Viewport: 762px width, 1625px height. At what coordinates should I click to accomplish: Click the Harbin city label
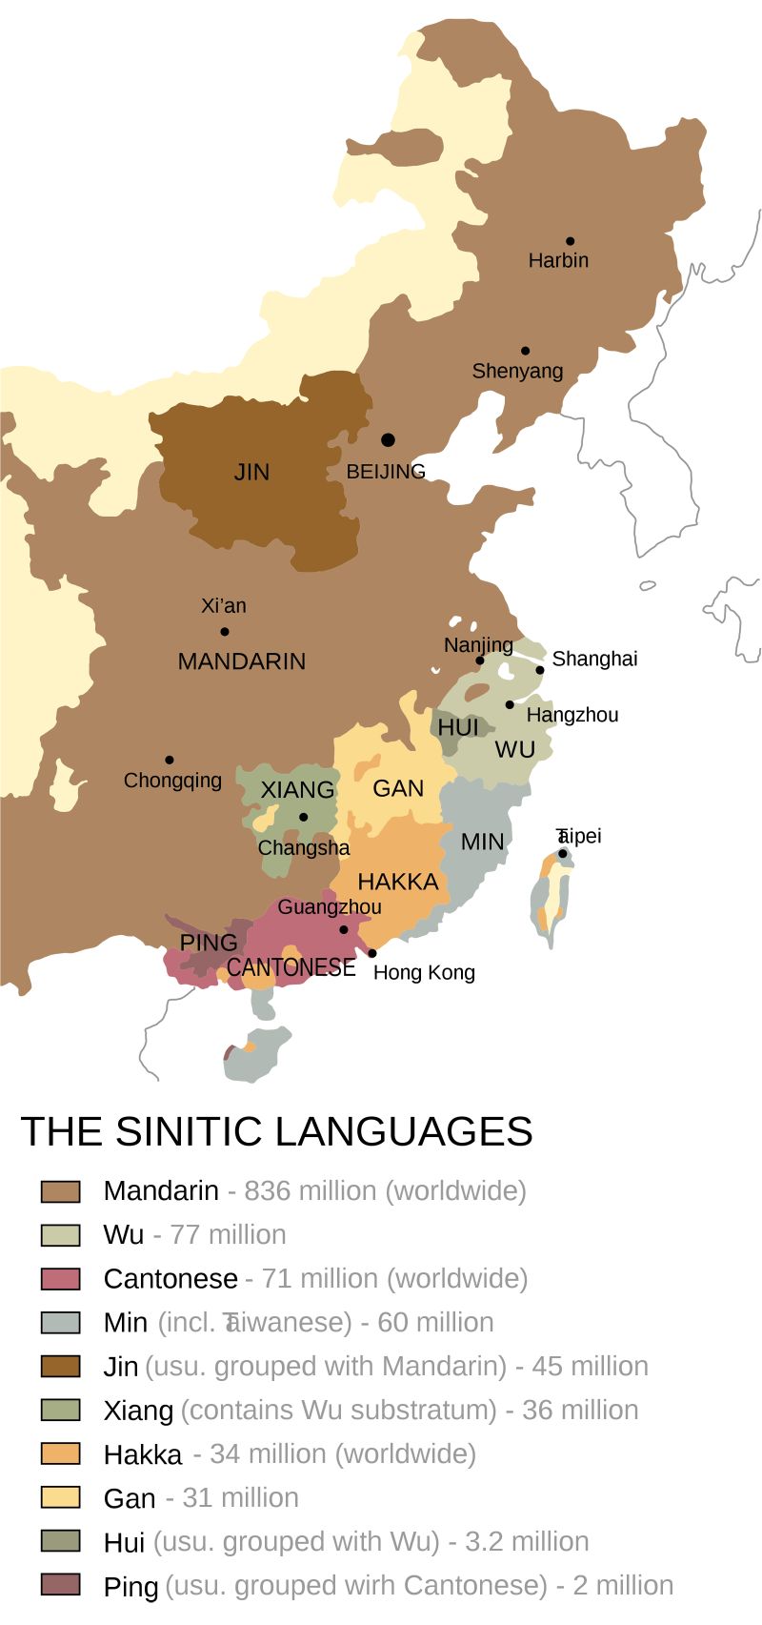[x=558, y=260]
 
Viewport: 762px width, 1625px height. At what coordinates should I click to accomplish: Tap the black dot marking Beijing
[x=388, y=439]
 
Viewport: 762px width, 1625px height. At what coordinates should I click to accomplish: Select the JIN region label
[x=252, y=472]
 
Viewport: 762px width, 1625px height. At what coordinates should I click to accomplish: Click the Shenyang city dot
[x=525, y=351]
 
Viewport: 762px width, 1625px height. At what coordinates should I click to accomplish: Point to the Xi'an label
[x=224, y=605]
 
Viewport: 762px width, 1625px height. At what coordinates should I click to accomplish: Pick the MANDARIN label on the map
[x=242, y=661]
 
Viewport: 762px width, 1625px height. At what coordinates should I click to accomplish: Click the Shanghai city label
[x=594, y=659]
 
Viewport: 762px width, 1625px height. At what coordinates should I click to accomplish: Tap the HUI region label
[x=458, y=727]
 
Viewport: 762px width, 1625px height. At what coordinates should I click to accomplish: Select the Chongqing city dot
[x=170, y=760]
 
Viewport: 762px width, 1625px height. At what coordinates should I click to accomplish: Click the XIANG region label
[x=297, y=790]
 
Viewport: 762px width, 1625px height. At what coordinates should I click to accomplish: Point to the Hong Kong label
[x=424, y=972]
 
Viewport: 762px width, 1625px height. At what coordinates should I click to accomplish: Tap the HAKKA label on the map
[x=398, y=882]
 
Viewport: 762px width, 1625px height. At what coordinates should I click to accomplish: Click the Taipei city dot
[x=563, y=853]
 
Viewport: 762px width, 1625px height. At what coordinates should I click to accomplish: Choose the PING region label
[x=209, y=943]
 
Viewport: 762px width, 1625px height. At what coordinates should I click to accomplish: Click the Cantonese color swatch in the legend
[x=60, y=1278]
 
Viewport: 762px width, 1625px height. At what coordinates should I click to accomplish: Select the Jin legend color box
[x=60, y=1366]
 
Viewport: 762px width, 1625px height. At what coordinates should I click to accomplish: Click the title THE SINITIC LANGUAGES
[x=276, y=1131]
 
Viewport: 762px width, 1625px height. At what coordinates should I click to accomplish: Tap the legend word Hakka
[x=143, y=1454]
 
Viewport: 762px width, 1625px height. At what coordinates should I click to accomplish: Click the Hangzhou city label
[x=571, y=715]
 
